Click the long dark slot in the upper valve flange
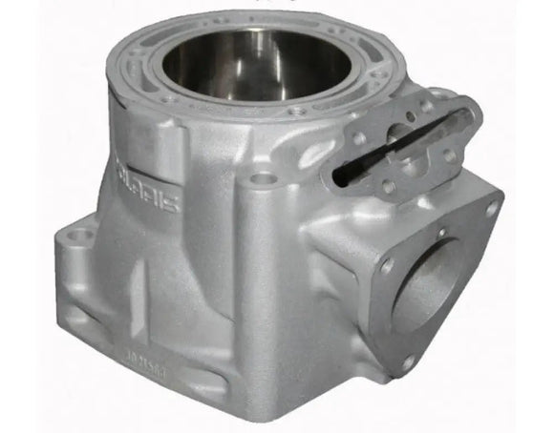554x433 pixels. [401, 143]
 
